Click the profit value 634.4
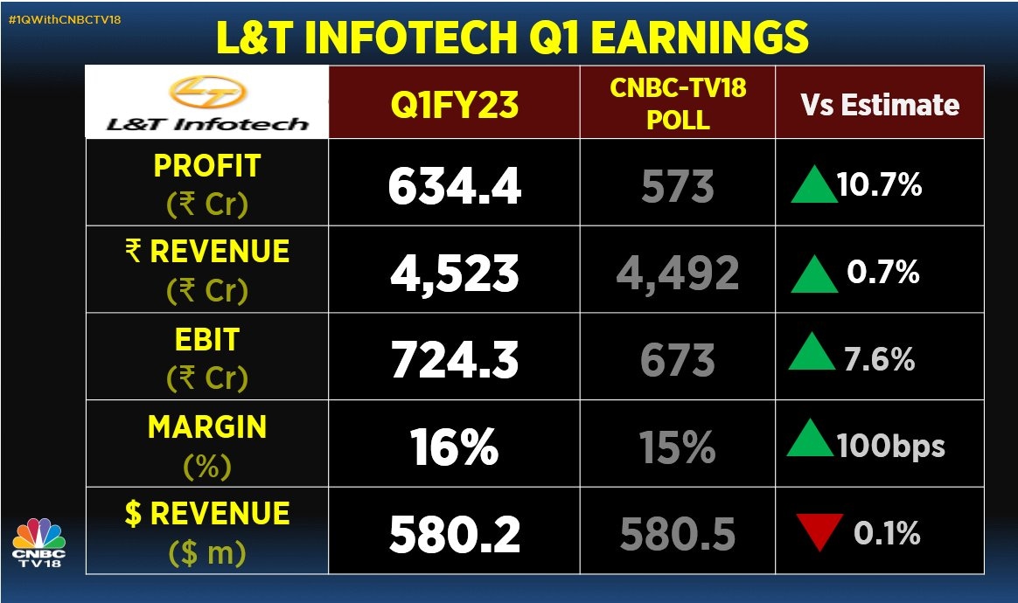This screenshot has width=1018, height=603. point(455,186)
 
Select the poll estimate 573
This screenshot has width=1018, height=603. point(678,187)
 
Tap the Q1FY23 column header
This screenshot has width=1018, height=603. point(455,105)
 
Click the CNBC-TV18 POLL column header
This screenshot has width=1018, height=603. point(678,103)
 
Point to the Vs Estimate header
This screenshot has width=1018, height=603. point(880,105)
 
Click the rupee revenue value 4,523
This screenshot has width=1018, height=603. point(455,274)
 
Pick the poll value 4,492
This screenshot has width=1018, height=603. point(678,274)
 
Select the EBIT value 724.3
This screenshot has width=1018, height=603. point(455,360)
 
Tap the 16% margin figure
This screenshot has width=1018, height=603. point(455,447)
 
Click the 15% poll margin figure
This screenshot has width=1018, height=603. point(678,447)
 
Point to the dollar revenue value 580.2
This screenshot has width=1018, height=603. point(455,535)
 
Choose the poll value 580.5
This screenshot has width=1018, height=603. point(678,535)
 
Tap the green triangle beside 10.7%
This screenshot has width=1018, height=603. point(813,187)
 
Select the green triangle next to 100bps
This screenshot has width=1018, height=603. point(810,444)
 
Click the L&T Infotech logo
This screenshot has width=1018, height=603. point(207,102)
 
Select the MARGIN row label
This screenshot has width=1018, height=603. point(206,427)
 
